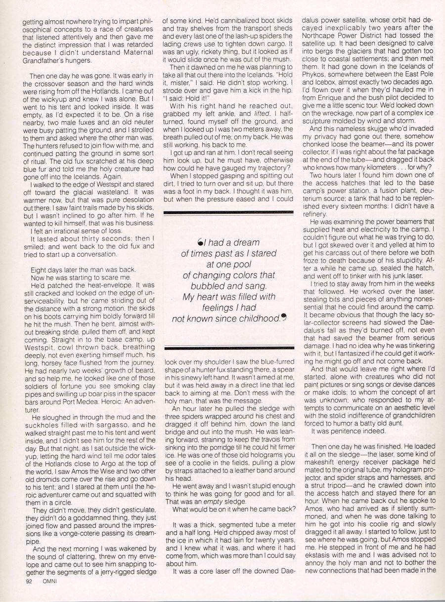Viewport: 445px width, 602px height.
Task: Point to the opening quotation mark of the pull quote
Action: [199, 242]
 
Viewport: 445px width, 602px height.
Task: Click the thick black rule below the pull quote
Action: [228, 348]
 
